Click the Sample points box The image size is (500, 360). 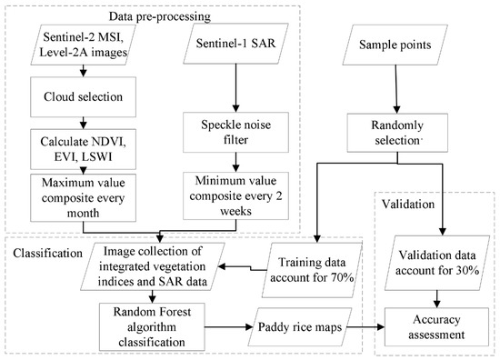[x=396, y=42]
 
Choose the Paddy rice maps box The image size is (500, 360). [x=284, y=325]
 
